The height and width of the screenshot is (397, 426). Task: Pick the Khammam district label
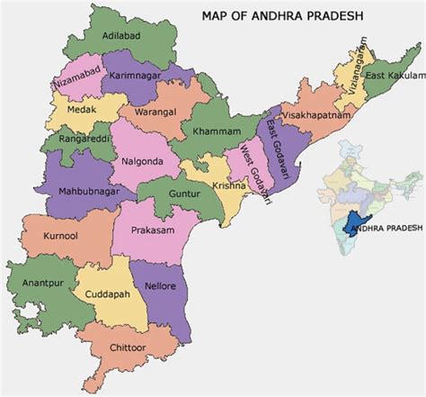click(217, 131)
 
